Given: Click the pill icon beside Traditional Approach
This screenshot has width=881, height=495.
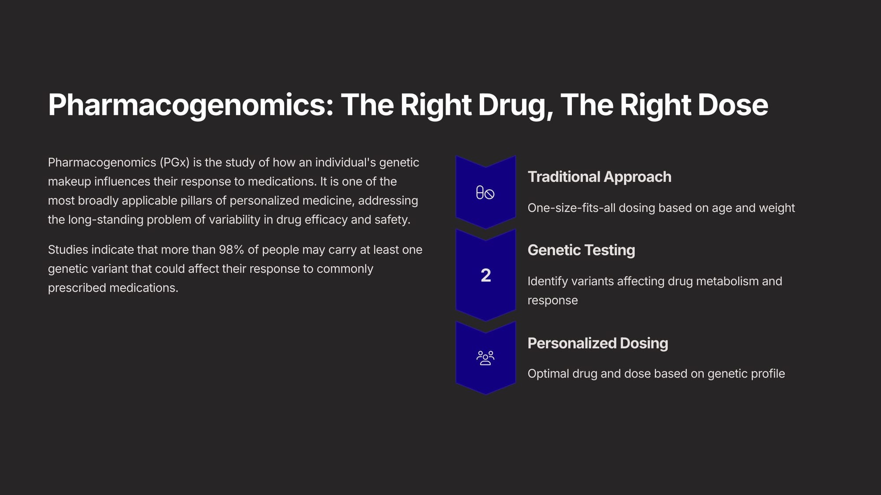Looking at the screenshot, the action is click(x=485, y=193).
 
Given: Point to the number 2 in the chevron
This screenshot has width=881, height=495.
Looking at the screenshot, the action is click(x=486, y=275).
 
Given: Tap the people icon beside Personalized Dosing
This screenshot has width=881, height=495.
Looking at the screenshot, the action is click(x=485, y=358).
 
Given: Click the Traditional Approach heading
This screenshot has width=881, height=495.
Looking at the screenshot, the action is click(x=600, y=177).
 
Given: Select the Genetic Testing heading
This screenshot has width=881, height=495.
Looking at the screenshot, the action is click(x=581, y=250).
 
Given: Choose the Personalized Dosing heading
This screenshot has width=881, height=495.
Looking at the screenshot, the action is click(x=598, y=343).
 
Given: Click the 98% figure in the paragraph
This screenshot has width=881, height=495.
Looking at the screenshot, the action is click(x=231, y=249).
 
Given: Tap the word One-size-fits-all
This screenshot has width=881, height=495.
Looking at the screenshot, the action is click(x=571, y=208).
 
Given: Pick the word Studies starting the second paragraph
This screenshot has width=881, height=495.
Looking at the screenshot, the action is click(x=68, y=249).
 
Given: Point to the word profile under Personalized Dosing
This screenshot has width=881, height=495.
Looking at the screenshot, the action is click(x=768, y=374).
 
